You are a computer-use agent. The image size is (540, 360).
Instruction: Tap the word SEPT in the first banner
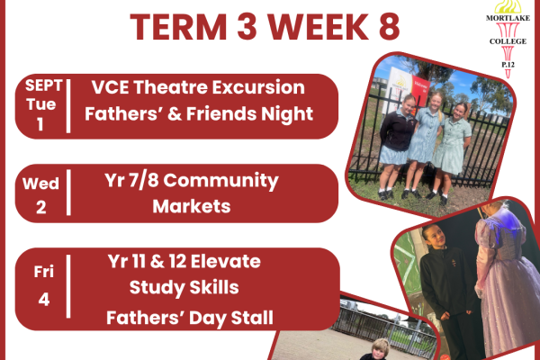coord(44,85)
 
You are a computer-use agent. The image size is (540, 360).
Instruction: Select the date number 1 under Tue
coord(40,124)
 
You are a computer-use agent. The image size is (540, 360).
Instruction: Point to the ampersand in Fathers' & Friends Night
coord(175,114)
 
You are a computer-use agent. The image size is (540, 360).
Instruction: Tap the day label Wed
coord(40,184)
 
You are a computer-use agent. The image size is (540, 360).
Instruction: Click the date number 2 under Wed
coord(41,207)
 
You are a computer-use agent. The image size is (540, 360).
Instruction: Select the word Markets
coord(192,206)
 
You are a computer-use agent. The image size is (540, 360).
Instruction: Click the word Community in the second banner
coord(220,181)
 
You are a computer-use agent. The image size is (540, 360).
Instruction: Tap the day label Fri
coord(44,272)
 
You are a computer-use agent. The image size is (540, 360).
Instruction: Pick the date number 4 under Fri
coord(44,300)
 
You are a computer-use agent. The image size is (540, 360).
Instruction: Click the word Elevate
coord(226,261)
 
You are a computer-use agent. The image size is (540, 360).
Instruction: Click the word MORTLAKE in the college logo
coord(508,18)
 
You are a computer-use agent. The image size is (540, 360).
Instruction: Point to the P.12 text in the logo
coord(508,65)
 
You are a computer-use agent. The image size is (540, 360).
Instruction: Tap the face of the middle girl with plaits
coord(436,102)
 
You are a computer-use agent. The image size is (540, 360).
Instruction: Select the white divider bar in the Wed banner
coord(68,193)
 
